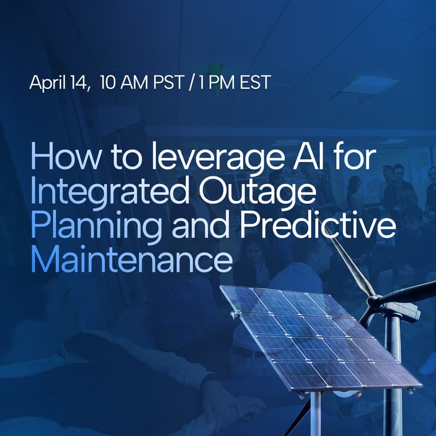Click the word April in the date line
pyautogui.click(x=46, y=83)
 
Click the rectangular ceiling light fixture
pyautogui.click(x=371, y=84)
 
